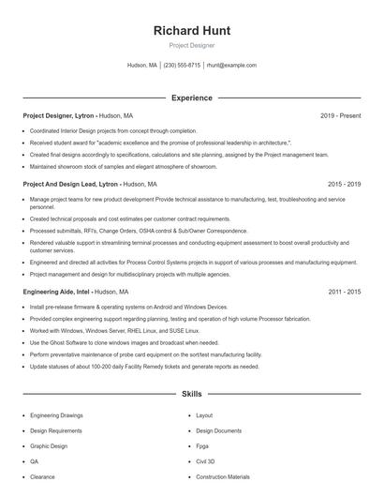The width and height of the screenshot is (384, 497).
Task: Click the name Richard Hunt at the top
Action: [191, 30]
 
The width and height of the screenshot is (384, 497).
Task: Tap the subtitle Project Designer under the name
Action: [191, 45]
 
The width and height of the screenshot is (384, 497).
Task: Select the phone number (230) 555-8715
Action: [182, 66]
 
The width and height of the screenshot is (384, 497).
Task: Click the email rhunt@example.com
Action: [231, 66]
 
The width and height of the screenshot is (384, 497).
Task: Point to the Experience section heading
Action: [191, 98]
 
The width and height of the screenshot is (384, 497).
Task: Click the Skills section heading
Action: [191, 395]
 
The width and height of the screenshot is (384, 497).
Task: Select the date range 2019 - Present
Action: [340, 115]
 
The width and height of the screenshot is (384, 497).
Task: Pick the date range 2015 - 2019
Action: [344, 185]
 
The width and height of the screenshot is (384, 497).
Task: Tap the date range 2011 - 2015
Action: [344, 292]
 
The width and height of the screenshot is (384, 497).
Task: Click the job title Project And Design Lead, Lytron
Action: [70, 185]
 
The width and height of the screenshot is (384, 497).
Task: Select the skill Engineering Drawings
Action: [56, 415]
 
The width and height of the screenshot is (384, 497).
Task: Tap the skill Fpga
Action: [202, 446]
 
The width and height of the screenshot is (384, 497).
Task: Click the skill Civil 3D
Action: [205, 461]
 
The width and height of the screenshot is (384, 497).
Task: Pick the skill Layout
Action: [204, 415]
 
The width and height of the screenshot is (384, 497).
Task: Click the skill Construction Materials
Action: [223, 477]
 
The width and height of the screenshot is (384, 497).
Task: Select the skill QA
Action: [35, 461]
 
